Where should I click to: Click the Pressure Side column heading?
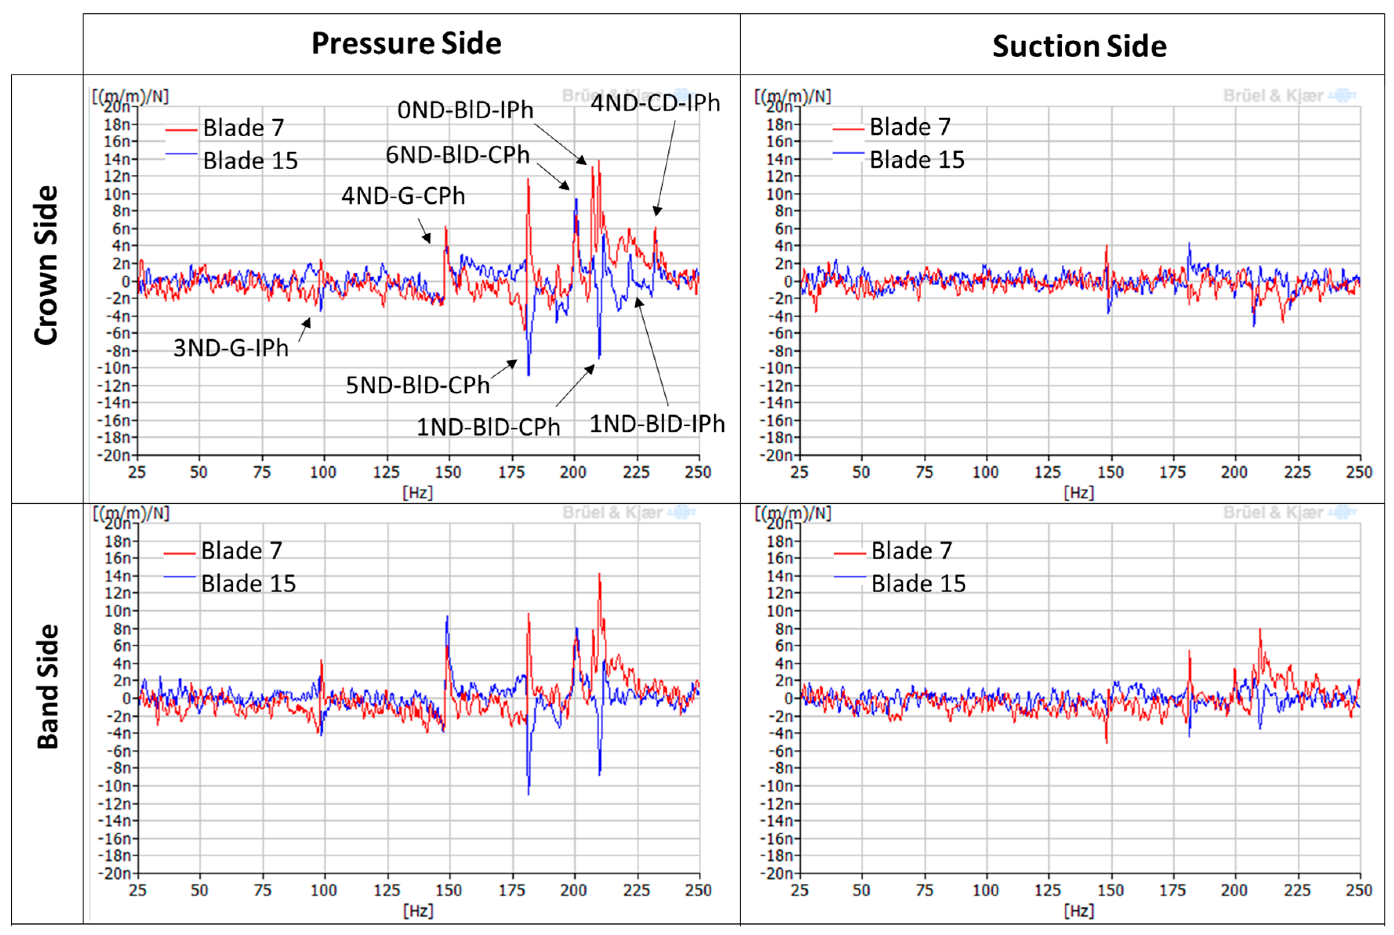pyautogui.click(x=406, y=43)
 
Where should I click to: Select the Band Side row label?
pyautogui.click(x=48, y=686)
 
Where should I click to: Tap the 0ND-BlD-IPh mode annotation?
pyautogui.click(x=465, y=110)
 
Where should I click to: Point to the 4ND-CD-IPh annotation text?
pyautogui.click(x=655, y=103)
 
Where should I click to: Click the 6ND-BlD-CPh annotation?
pyautogui.click(x=457, y=155)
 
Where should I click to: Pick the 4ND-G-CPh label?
pyautogui.click(x=402, y=195)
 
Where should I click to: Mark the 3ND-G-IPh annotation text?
pyautogui.click(x=230, y=348)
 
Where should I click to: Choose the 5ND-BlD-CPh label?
pyautogui.click(x=417, y=385)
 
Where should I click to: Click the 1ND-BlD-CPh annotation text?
pyautogui.click(x=488, y=427)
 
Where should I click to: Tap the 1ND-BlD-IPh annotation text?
pyautogui.click(x=657, y=424)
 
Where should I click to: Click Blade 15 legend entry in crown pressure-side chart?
pyautogui.click(x=249, y=161)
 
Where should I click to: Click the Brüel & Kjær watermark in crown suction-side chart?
pyautogui.click(x=1273, y=96)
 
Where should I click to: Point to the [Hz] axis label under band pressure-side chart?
pyautogui.click(x=417, y=911)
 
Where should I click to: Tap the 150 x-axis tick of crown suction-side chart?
pyautogui.click(x=1110, y=472)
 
